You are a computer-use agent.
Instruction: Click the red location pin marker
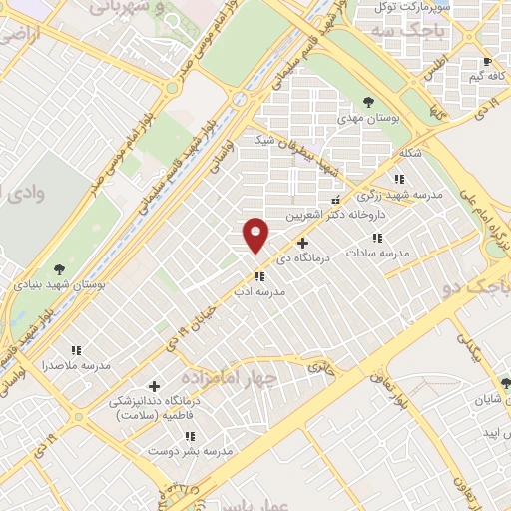257,236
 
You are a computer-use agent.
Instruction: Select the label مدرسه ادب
258,293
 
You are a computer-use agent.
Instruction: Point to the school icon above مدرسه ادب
258,276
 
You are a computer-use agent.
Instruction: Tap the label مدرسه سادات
377,254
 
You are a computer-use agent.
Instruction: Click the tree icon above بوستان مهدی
369,102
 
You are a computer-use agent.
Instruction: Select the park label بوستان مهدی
369,118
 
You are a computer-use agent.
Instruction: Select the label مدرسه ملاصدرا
76,366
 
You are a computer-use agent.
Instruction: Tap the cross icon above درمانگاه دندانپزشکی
153,385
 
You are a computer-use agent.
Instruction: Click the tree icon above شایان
505,382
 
